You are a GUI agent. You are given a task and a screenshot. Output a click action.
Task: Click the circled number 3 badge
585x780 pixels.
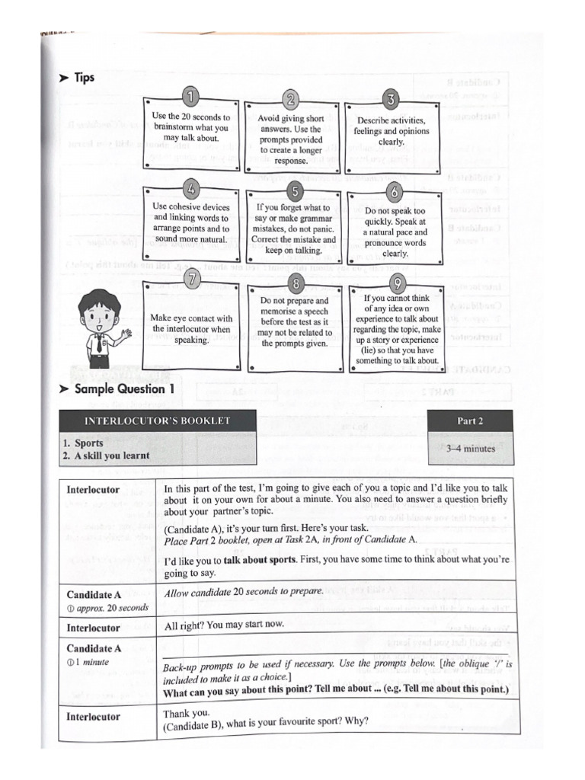pos(391,100)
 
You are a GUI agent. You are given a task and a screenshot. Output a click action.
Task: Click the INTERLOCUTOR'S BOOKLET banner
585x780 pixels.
pos(157,420)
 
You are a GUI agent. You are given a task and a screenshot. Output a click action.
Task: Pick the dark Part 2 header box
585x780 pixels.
pos(470,420)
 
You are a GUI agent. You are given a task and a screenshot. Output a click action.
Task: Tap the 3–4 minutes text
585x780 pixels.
pos(470,449)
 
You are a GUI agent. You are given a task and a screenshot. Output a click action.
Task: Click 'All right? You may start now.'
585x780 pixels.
pos(224,624)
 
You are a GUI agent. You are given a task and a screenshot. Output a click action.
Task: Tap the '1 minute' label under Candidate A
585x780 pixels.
pos(97,662)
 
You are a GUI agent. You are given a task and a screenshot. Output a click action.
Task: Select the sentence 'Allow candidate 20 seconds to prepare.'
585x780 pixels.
pos(244,591)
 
